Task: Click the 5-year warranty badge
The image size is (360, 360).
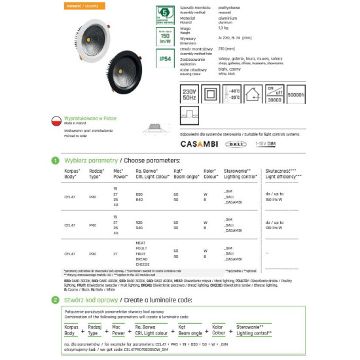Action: (x=165, y=14)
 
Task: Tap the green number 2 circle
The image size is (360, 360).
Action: (x=55, y=300)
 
